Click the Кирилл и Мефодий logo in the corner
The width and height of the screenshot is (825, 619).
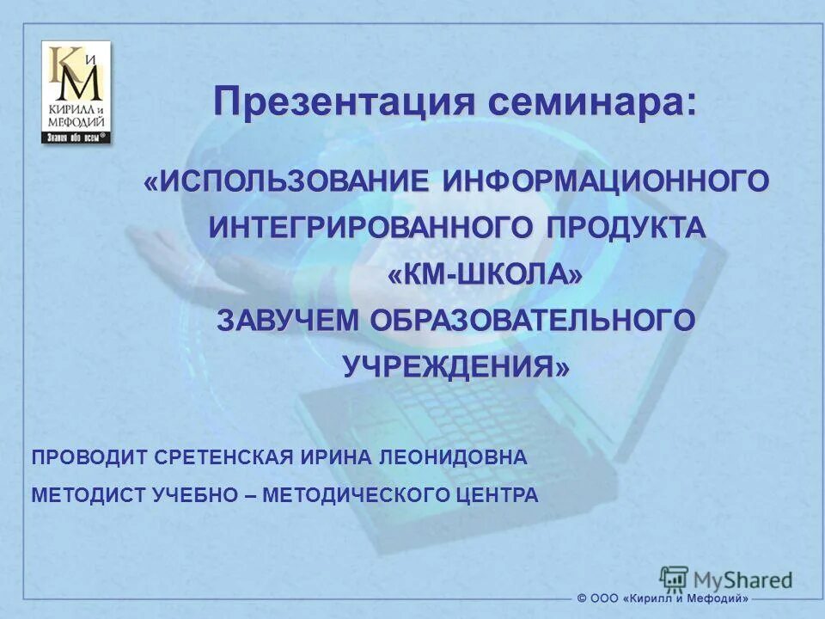[76, 92]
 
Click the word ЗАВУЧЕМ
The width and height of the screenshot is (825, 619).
[289, 321]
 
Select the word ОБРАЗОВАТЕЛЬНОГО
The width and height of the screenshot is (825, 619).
[533, 321]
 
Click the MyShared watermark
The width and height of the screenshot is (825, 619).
[726, 578]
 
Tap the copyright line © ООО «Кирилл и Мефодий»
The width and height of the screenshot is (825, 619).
[663, 598]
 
